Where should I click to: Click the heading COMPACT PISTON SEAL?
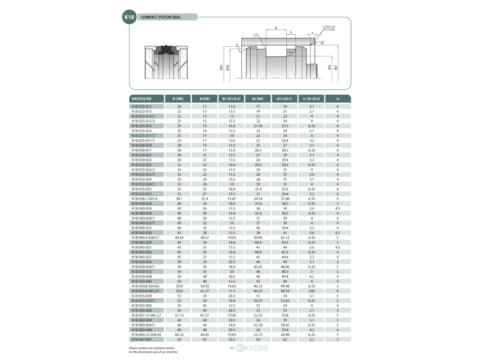click(x=160, y=18)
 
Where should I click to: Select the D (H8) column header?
click(x=179, y=98)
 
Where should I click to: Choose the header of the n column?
click(x=338, y=98)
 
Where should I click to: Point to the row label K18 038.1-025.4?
click(x=145, y=199)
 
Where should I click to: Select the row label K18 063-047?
click(x=141, y=340)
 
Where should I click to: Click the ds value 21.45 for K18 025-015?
click(x=258, y=125)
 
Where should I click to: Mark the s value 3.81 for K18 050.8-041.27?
click(x=311, y=290)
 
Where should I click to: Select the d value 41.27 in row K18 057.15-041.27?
click(x=205, y=314)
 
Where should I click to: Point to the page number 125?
click(x=231, y=347)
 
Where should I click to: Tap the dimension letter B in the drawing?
click(x=275, y=28)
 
